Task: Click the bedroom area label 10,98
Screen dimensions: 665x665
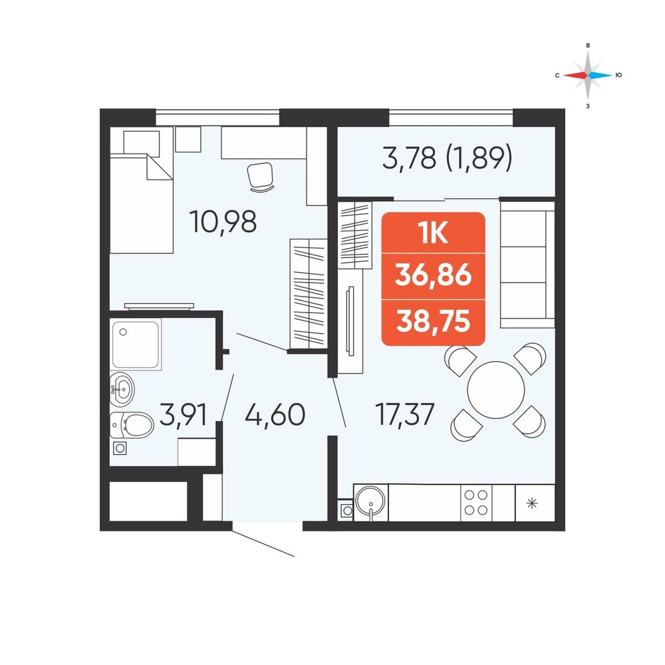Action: pyautogui.click(x=224, y=222)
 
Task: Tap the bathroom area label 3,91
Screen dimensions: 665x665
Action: pyautogui.click(x=184, y=415)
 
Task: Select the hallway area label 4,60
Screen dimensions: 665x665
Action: pyautogui.click(x=275, y=415)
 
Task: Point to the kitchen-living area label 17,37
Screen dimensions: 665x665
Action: pyautogui.click(x=405, y=415)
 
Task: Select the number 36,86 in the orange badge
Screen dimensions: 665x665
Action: pyautogui.click(x=433, y=275)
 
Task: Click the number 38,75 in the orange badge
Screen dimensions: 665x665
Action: pyautogui.click(x=433, y=321)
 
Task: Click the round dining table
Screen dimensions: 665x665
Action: pyautogui.click(x=496, y=390)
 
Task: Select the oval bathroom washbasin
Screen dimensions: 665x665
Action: pyautogui.click(x=122, y=389)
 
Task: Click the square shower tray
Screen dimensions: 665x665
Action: pyautogui.click(x=136, y=344)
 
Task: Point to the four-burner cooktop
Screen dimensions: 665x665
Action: pyautogui.click(x=476, y=503)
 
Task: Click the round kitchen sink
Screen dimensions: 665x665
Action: pyautogui.click(x=371, y=501)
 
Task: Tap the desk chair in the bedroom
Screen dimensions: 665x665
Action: pyautogui.click(x=261, y=177)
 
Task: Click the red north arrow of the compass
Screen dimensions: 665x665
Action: pyautogui.click(x=575, y=75)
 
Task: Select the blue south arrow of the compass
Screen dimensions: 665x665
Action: pyautogui.click(x=600, y=75)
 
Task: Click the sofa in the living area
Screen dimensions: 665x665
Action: pyautogui.click(x=527, y=265)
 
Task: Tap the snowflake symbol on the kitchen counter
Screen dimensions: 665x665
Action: pyautogui.click(x=532, y=503)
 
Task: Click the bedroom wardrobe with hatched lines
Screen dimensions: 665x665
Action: pyautogui.click(x=309, y=293)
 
